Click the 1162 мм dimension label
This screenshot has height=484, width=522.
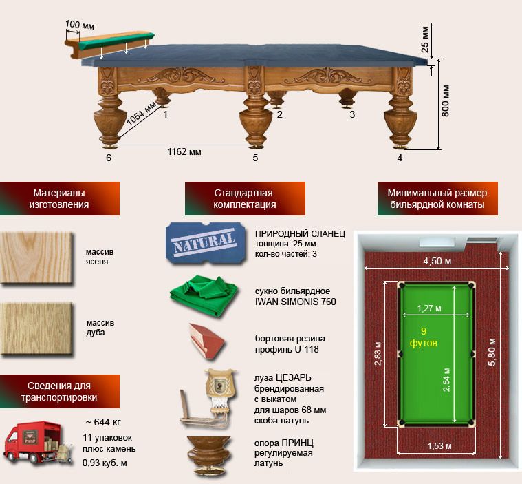point(184,151)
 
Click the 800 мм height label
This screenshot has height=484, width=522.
point(446,102)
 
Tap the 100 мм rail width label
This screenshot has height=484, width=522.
point(79,25)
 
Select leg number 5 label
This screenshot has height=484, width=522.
point(255,158)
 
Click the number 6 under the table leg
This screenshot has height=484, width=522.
point(109,158)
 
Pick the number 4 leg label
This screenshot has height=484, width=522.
point(400,158)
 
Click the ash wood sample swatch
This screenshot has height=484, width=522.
point(36,257)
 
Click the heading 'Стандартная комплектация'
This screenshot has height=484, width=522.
point(244,199)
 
